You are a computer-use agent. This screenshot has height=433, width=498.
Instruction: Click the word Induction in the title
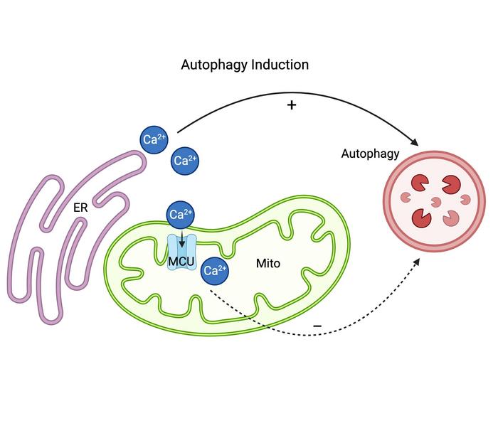(280, 65)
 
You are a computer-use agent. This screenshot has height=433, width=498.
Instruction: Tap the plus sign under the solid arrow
(292, 105)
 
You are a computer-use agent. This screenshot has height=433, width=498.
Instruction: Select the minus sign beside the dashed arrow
(317, 326)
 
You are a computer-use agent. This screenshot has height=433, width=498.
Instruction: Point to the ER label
(80, 208)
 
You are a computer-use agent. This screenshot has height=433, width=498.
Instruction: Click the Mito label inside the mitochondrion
(268, 264)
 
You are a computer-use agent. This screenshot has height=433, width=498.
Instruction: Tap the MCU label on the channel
(181, 262)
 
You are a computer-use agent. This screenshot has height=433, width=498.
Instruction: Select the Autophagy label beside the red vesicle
(370, 154)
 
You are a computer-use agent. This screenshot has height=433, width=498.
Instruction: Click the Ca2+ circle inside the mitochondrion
(215, 271)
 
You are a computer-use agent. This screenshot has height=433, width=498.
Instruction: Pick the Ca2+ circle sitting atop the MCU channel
(181, 215)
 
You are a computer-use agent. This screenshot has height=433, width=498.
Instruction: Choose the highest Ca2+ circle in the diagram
(154, 139)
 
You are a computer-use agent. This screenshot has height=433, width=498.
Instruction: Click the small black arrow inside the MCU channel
(181, 240)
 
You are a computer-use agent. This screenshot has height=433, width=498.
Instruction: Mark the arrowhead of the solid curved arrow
(415, 142)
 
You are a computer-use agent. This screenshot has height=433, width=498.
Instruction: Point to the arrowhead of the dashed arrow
(416, 262)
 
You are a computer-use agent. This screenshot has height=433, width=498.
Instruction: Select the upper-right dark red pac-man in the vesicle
(451, 184)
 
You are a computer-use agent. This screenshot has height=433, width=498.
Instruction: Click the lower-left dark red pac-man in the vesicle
(421, 218)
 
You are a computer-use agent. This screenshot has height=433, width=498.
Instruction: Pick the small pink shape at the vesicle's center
(435, 202)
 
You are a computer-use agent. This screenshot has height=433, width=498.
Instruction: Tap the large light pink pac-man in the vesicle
(451, 218)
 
